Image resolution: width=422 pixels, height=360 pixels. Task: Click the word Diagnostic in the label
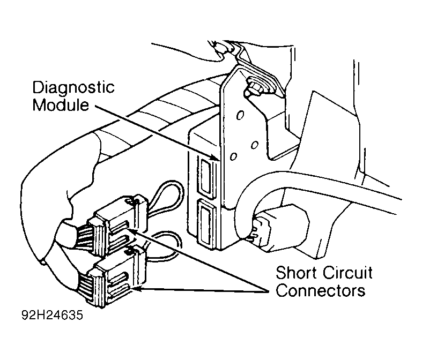click(x=73, y=87)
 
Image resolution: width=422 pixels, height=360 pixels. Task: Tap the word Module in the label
click(x=61, y=104)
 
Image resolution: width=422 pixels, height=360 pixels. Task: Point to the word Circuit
click(x=348, y=273)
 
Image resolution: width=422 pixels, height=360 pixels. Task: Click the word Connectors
click(x=321, y=290)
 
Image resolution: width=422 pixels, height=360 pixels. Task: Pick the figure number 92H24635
click(x=52, y=315)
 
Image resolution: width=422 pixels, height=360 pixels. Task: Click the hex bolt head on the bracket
click(x=255, y=87)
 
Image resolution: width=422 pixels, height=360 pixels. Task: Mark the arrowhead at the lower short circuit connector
click(x=138, y=289)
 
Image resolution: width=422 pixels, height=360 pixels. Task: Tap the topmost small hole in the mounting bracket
click(x=240, y=115)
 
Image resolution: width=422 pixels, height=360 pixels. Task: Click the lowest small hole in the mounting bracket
click(x=234, y=156)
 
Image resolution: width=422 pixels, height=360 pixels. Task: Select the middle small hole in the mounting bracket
click(x=254, y=145)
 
